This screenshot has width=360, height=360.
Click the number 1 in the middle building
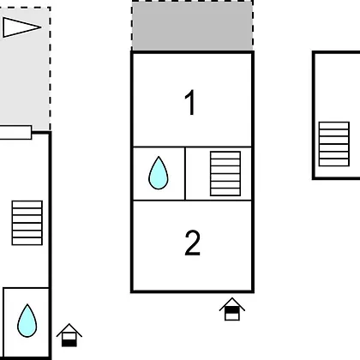click(x=190, y=102)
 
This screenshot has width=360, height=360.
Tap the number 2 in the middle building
click(x=192, y=243)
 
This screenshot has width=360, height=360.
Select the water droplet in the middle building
click(x=159, y=173)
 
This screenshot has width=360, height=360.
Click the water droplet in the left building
click(x=27, y=321)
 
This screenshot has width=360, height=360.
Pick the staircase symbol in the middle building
click(x=225, y=174)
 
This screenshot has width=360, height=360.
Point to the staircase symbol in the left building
click(x=27, y=223)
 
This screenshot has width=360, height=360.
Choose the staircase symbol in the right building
click(x=334, y=144)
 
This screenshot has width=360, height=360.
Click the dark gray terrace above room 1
click(x=192, y=26)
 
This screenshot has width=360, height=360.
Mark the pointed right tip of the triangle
click(x=41, y=27)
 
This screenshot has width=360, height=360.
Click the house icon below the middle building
click(x=232, y=309)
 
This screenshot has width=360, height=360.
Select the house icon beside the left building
click(x=69, y=335)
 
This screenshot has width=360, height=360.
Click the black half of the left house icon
click(x=69, y=343)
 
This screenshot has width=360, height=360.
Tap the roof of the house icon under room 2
click(x=232, y=303)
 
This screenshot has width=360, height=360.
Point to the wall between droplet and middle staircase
click(x=185, y=174)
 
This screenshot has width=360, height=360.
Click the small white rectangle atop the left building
click(x=15, y=133)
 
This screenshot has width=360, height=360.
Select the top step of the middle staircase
click(x=225, y=155)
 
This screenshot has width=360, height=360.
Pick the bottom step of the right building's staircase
click(x=334, y=163)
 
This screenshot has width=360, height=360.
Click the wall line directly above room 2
click(x=192, y=201)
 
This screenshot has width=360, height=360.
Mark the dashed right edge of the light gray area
click(x=50, y=69)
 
